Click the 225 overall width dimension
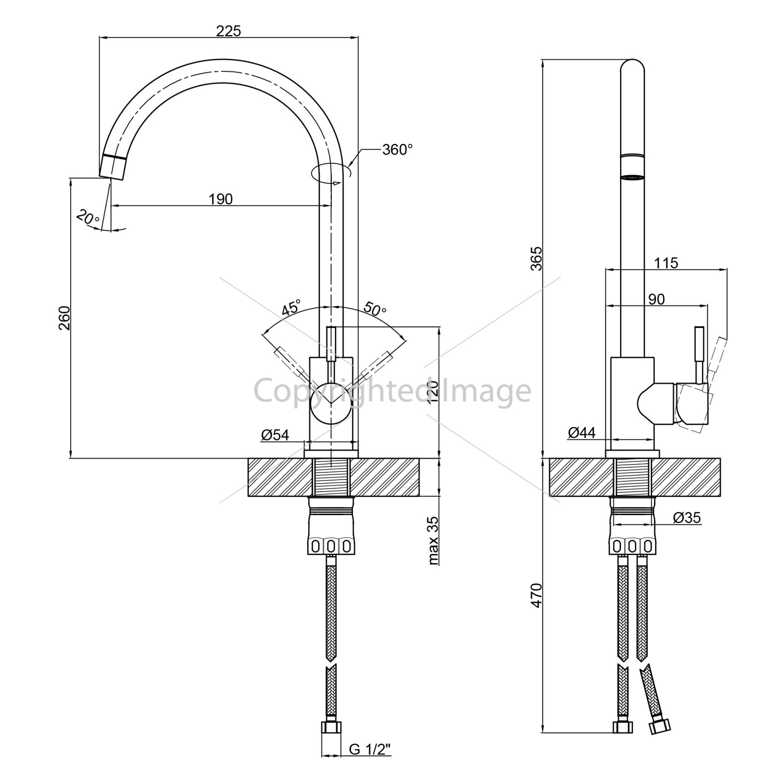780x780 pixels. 228,31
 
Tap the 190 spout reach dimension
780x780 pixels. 221,199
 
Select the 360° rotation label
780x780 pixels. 397,149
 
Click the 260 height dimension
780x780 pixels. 64,318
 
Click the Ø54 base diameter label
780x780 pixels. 275,434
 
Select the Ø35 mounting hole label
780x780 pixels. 687,517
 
